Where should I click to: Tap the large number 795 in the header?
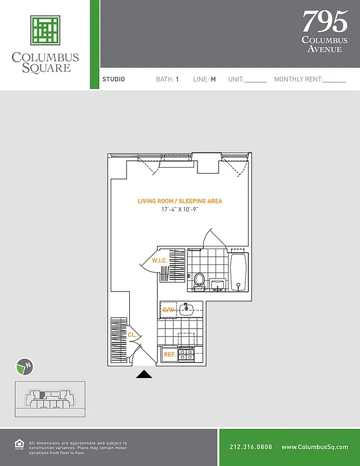point(324,22)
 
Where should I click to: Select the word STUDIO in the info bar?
point(114,79)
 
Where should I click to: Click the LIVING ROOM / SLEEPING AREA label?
point(179,201)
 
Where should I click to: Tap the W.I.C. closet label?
point(160,260)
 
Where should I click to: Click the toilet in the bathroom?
point(199,280)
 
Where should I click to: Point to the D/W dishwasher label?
point(169,309)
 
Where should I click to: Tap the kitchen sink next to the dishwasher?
point(187,309)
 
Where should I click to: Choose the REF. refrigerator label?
point(170,354)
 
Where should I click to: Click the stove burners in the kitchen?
point(186,353)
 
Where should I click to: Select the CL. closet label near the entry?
point(132,335)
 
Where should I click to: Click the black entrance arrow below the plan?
point(144,374)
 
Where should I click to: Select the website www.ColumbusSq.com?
point(315,447)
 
